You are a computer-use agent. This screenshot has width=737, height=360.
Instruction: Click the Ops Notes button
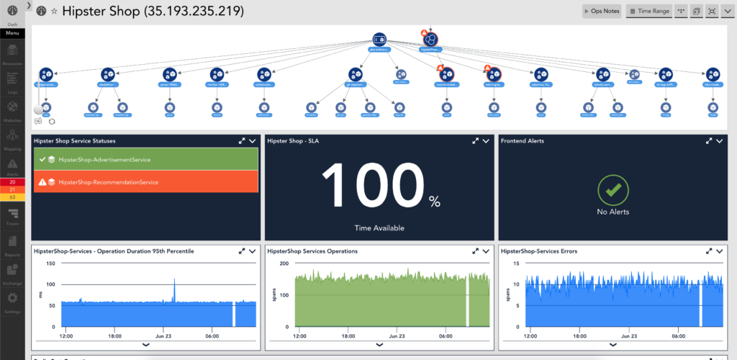coord(602,12)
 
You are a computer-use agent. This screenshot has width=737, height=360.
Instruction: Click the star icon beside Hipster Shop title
coord(54,12)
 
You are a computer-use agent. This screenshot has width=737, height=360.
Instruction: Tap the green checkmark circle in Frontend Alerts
coord(613,190)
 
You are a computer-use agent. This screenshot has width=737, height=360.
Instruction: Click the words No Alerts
coord(613,212)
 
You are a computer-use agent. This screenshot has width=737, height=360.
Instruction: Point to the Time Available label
coord(379,228)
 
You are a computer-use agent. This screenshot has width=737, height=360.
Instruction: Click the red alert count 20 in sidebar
coord(12,182)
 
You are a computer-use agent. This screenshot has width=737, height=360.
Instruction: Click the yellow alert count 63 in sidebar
coord(12,197)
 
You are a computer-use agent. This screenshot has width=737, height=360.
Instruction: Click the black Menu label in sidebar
coord(12,33)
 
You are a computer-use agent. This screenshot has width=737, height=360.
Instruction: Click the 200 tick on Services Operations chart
coord(284,264)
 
